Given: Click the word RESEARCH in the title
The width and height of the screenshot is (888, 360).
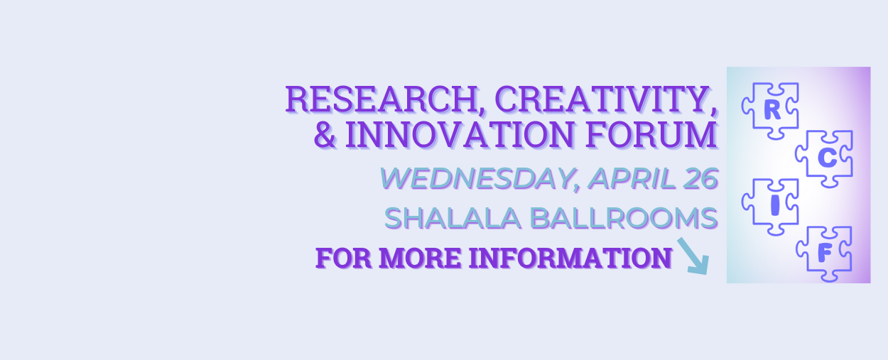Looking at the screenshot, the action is [381, 99].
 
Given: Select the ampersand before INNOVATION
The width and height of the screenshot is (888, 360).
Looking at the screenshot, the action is [325, 135].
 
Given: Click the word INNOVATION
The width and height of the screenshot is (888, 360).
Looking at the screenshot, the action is [460, 135].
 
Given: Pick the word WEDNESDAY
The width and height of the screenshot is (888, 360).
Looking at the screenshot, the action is [475, 179].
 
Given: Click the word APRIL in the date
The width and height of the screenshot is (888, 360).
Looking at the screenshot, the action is [631, 179].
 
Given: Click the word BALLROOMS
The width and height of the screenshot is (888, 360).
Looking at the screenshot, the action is [624, 218].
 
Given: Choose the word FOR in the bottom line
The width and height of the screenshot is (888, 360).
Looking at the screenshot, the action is [344, 258].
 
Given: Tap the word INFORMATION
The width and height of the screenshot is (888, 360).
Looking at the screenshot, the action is [570, 258].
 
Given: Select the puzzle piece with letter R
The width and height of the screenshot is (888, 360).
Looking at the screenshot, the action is [770, 111].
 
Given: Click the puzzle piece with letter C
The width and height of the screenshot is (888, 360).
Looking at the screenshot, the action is [824, 158].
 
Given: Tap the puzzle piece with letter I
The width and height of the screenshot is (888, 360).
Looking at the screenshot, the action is [770, 207].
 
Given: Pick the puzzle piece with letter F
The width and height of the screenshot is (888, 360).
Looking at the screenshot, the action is [824, 254].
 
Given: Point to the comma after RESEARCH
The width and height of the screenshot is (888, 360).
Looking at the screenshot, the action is [482, 111].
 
